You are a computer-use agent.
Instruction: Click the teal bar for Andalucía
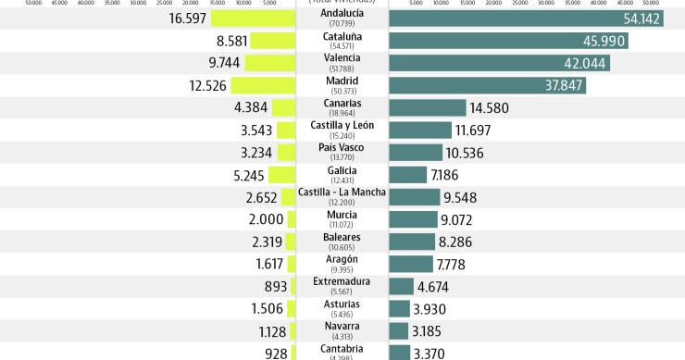[526, 19]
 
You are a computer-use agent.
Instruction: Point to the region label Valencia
[342, 58]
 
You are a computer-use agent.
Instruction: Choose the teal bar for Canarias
[428, 108]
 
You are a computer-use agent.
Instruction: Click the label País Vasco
[342, 148]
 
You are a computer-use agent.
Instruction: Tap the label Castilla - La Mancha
[342, 192]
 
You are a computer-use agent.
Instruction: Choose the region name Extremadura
[342, 281]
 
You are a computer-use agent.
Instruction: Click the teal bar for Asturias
[400, 309]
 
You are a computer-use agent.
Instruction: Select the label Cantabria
[342, 349]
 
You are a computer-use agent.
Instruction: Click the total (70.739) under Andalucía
[342, 22]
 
